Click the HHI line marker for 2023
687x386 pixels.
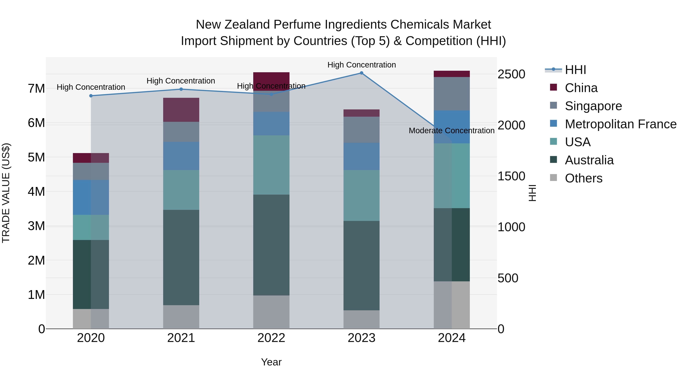[361, 73]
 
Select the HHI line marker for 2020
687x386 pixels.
[91, 96]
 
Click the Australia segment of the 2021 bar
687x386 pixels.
[181, 257]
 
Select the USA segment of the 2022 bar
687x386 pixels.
[271, 165]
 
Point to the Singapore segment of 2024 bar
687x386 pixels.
[452, 94]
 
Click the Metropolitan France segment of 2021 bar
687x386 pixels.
[181, 156]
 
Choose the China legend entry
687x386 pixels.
[581, 88]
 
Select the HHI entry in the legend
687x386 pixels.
[575, 70]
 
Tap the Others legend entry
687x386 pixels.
[583, 178]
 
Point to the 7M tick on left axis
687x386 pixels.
[36, 88]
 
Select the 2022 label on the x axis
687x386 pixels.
[271, 338]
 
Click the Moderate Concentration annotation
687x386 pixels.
[452, 131]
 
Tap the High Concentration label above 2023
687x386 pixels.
[361, 65]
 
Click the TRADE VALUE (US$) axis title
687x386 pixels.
[6, 193]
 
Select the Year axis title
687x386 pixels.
[271, 362]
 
